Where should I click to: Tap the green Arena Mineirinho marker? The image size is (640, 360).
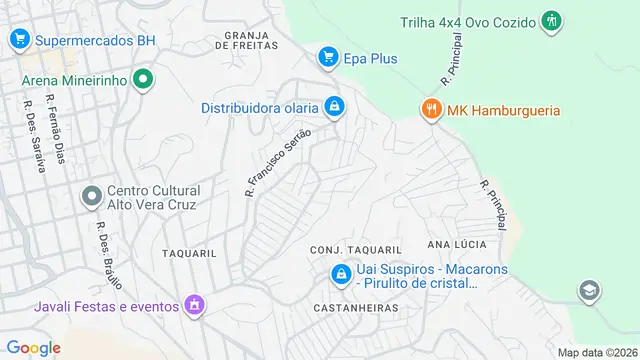142,79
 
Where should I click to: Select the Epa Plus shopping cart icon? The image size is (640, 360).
327,58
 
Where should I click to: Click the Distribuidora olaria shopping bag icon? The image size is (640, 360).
335,106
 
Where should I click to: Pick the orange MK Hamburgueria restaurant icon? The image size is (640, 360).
432,109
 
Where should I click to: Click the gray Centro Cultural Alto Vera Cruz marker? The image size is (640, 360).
91,196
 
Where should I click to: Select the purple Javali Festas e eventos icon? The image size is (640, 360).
194,305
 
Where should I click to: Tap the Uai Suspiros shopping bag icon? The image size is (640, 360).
341,273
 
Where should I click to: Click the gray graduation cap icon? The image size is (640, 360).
590,290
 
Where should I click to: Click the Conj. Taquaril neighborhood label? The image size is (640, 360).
355,249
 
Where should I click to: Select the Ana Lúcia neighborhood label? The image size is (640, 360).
457,244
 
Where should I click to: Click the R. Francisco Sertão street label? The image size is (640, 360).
279,160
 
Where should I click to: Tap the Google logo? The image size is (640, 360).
33,347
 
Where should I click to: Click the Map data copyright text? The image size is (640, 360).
597,352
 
